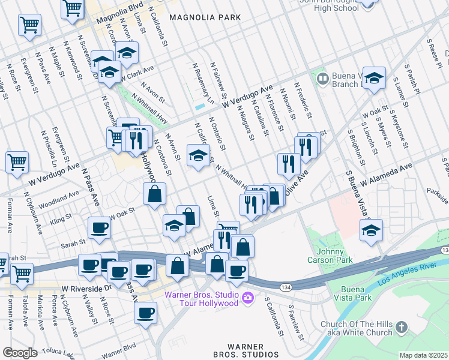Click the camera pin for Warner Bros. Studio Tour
click(248, 297)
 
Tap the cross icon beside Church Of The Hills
click(402, 328)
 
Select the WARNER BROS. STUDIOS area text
click(246, 350)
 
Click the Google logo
click(20, 353)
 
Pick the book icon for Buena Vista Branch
click(322, 79)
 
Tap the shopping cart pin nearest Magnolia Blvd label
click(73, 9)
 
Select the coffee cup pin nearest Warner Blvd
click(145, 312)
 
